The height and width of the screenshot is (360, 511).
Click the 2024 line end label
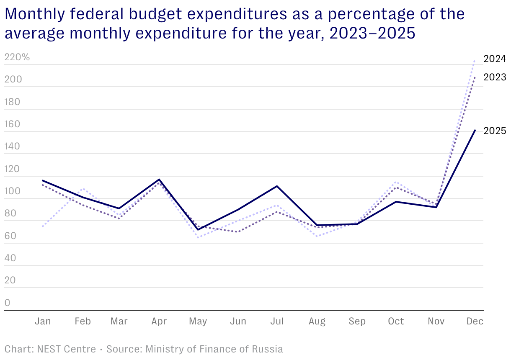495,59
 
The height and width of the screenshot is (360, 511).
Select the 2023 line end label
495,77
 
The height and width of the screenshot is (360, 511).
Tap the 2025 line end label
495,131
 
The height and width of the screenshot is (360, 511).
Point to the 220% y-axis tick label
17,57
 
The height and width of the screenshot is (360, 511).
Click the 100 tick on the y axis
12,191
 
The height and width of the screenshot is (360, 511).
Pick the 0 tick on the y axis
7,303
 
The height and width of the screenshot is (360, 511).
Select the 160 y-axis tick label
12,124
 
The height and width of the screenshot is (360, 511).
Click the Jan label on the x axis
43,321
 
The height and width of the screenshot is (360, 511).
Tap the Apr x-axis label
159,321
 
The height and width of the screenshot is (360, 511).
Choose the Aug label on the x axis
317,321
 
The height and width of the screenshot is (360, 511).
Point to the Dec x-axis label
475,321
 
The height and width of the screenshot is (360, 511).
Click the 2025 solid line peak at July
277,186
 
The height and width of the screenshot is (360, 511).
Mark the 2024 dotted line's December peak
475,61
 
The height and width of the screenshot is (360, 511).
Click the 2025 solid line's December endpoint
475,131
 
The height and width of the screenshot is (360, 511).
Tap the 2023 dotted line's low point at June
238,231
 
